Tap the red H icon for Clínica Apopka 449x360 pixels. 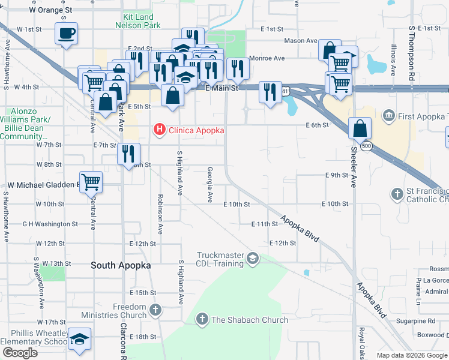160,128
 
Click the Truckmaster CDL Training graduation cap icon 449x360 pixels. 253,259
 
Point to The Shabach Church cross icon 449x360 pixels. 203,320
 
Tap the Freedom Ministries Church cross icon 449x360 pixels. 155,310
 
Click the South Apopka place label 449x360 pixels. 119,265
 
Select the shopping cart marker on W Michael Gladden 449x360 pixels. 91,181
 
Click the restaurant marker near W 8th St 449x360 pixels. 128,154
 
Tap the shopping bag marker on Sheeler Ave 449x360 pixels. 360,128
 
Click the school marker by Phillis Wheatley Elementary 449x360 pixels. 80,338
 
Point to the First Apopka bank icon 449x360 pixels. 388,115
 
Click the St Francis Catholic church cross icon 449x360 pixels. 397,194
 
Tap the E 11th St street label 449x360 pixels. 265,224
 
